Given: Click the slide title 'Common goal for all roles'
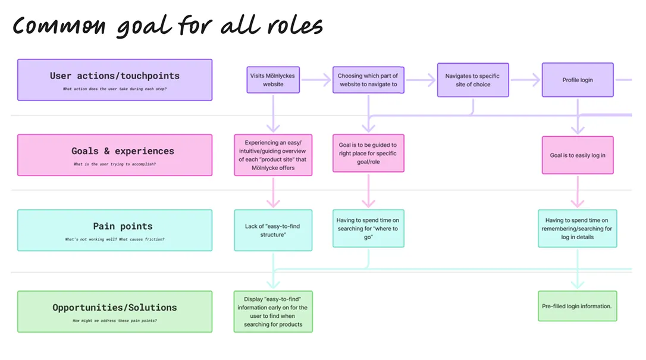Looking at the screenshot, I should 168,26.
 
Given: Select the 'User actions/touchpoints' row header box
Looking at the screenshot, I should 115,80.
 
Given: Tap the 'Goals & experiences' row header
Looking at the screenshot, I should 115,155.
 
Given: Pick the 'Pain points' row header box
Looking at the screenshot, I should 115,230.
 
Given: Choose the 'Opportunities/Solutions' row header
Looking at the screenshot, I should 115,311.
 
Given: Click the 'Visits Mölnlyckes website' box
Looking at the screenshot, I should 273,80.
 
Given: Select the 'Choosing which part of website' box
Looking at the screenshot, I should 368,80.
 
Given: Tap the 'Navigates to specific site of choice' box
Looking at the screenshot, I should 472,80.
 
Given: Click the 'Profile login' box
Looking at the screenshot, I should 577,80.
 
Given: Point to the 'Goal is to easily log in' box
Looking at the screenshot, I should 577,155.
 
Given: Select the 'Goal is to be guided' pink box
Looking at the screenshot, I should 368,153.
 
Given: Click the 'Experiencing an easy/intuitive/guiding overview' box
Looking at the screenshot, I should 273,155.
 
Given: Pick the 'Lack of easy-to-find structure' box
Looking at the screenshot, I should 273,230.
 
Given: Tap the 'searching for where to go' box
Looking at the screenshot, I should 368,228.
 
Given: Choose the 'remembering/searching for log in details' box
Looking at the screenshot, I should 577,228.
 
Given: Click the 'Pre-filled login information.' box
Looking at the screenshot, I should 577,306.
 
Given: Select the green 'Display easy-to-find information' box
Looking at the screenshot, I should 273,311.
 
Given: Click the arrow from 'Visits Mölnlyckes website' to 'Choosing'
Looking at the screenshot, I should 315,79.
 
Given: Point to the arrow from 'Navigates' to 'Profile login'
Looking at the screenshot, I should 525,79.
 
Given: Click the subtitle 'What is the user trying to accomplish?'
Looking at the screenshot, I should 115,164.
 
